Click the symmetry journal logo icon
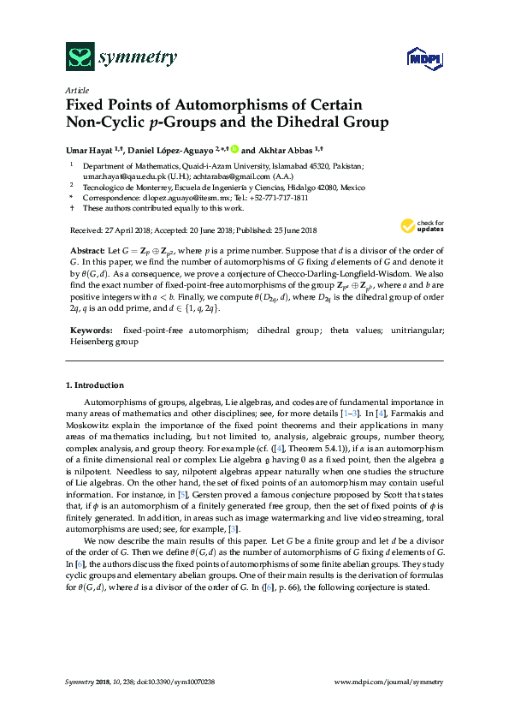pyautogui.click(x=80, y=57)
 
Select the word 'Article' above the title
pyautogui.click(x=75, y=89)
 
